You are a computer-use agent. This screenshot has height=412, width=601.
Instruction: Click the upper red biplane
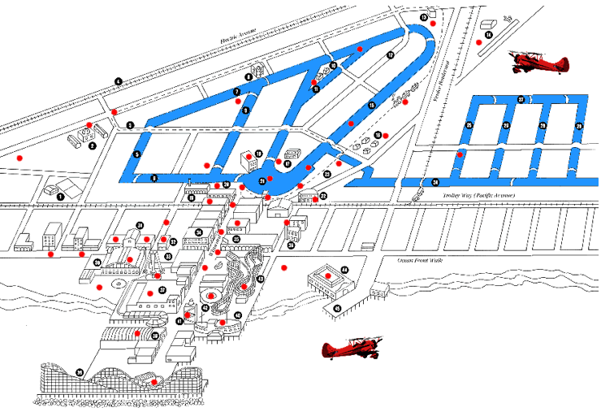point(538,61)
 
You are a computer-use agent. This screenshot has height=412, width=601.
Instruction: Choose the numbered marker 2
point(93,145)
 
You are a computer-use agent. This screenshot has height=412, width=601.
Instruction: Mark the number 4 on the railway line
point(118,81)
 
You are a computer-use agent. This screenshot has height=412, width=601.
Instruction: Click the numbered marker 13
point(423,17)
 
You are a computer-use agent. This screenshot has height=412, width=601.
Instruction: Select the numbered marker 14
point(488,35)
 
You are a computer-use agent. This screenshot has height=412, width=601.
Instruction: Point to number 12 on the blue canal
point(390,55)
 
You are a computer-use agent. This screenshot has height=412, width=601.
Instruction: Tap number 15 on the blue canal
point(371,106)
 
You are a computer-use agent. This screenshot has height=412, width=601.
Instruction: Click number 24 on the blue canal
point(435,181)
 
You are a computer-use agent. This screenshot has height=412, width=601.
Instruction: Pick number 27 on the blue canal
point(521,99)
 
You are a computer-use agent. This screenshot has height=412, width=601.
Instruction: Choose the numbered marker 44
point(344,270)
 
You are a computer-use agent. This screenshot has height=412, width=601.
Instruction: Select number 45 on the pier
point(337,309)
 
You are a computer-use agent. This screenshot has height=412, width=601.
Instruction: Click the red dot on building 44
point(328,276)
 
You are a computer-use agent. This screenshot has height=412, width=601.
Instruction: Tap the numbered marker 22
point(323,196)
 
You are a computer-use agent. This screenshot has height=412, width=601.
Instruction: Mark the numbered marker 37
point(162,289)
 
